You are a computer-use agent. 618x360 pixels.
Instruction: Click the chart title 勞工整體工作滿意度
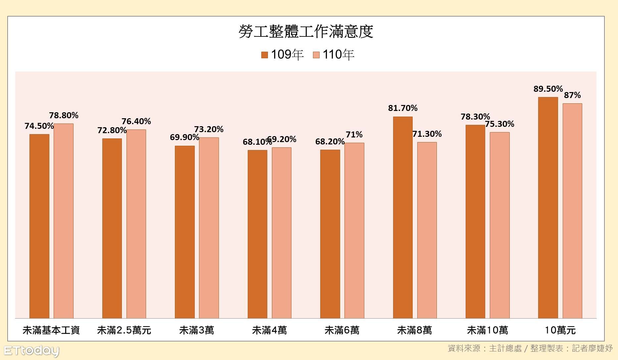tap(306, 32)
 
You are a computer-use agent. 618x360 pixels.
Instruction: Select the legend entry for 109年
tap(283, 55)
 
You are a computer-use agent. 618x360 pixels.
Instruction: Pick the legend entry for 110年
tap(334, 55)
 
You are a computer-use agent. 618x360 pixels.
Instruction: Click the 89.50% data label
tap(548, 89)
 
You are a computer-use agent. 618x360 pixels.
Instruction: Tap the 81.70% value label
tap(403, 108)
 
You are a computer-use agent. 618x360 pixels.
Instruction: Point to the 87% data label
tap(572, 95)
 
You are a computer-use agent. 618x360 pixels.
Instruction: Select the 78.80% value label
tap(64, 115)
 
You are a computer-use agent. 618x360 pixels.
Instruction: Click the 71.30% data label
tap(427, 134)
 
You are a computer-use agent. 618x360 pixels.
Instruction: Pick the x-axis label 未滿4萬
tap(269, 330)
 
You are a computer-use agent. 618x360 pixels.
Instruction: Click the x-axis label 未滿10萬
tap(487, 330)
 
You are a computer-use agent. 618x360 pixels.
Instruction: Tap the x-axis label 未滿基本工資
tap(51, 330)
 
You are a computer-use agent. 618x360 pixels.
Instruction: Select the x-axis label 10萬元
tap(560, 330)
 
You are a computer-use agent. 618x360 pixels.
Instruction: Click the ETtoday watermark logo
tap(31, 351)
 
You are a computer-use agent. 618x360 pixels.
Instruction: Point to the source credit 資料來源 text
tap(530, 348)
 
